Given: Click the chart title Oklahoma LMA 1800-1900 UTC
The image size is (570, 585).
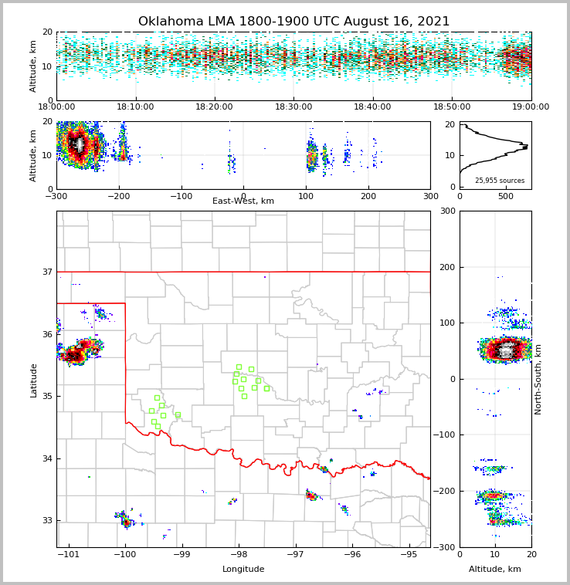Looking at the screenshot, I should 293,22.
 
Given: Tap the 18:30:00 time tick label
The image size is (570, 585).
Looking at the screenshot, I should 293,107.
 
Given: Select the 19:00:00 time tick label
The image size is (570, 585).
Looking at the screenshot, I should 531,107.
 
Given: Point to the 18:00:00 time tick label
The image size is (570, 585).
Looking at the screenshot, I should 56,107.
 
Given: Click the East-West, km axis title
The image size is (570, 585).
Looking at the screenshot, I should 243,201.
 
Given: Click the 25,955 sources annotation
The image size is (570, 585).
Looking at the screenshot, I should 500,181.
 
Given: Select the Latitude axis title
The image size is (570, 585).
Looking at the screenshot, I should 34,380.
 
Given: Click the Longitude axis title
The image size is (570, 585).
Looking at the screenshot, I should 243,570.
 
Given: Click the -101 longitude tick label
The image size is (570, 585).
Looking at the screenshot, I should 69,554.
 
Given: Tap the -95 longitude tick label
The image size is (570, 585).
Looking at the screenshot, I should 409,554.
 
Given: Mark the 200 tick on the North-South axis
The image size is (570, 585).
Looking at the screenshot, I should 446,267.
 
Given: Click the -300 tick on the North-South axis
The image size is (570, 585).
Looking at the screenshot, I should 445,547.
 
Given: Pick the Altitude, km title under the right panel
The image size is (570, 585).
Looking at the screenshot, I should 495,570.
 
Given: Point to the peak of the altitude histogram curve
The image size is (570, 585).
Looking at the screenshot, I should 527,146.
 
